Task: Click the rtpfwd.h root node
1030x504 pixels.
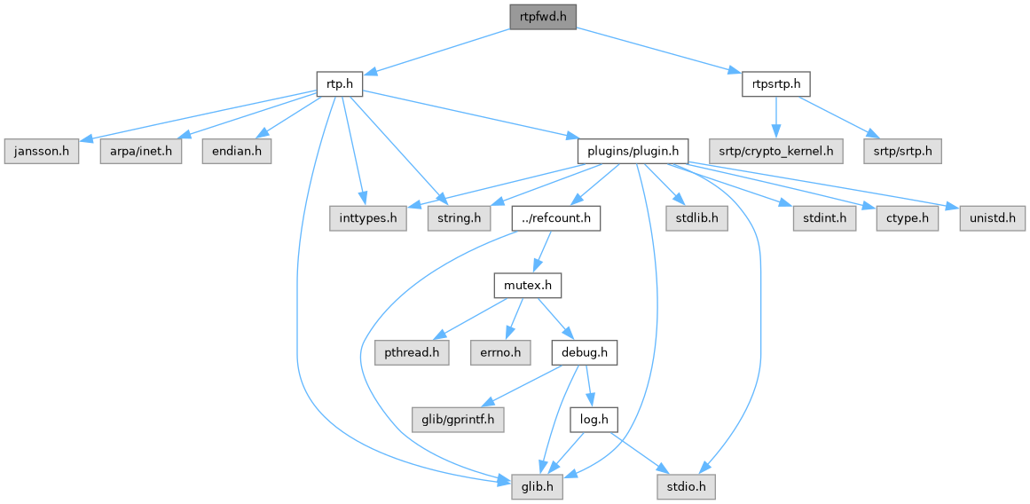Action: coord(543,17)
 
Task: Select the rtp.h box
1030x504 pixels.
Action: coord(340,85)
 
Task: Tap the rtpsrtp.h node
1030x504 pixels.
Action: coord(776,85)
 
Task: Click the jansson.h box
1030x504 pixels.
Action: coord(41,151)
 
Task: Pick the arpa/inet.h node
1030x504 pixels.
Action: coord(140,151)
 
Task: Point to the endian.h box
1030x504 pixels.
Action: coord(235,151)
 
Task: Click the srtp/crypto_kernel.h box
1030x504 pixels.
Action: coord(776,151)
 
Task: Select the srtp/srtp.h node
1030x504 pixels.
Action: coord(903,151)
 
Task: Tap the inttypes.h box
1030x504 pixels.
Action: coord(368,217)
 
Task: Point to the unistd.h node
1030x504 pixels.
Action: coord(992,217)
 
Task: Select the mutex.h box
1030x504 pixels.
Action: coord(528,286)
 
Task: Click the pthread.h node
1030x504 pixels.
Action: coord(411,352)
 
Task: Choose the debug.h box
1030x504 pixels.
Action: coord(584,352)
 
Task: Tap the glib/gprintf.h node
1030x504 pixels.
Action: coord(458,419)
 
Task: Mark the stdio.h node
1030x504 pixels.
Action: coord(685,486)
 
